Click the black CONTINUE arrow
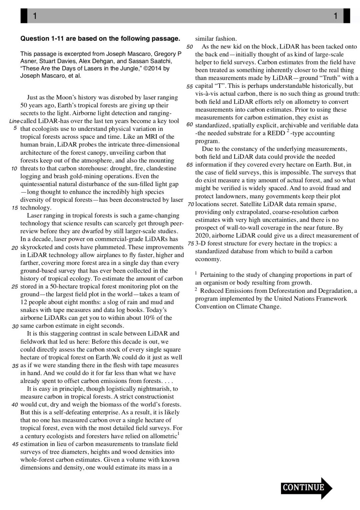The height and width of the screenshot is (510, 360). tap(306, 488)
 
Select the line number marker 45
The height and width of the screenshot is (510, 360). tap(15, 444)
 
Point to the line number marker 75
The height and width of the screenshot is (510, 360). tap(191, 243)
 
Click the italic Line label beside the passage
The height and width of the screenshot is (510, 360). tap(14, 121)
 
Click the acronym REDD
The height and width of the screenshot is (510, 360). tap(276, 133)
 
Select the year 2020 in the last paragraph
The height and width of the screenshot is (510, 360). tap(202, 236)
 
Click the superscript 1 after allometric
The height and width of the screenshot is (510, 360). tap(179, 434)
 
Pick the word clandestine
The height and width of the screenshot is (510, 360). tap(161, 168)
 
